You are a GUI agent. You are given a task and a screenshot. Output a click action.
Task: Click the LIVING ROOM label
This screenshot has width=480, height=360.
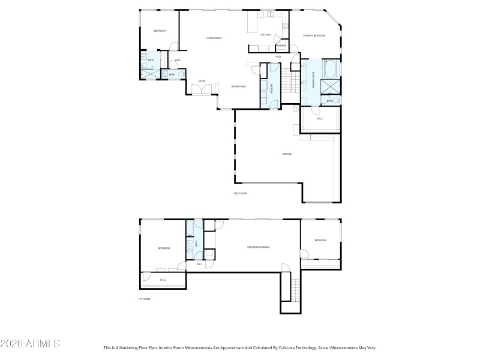point(214,38)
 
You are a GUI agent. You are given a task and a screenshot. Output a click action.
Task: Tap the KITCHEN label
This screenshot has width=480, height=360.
point(266,35)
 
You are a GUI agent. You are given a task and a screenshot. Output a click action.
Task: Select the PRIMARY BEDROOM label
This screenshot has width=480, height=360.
point(314,35)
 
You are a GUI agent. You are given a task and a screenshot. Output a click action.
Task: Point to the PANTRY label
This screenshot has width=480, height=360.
point(280,46)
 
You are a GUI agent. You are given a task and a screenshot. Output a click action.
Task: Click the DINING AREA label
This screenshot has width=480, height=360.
point(239,86)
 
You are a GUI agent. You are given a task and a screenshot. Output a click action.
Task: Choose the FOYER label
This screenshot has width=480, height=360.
point(202,81)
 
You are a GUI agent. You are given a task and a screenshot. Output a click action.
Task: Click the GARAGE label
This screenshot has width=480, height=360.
point(287,154)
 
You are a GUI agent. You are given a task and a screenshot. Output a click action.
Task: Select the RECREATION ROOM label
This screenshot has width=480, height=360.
point(258,247)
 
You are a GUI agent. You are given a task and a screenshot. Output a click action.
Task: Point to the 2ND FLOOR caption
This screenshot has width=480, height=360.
point(240,193)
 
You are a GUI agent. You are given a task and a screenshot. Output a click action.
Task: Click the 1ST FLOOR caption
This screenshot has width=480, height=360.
point(144,299)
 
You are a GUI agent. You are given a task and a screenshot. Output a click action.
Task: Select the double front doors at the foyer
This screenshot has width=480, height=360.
point(202,89)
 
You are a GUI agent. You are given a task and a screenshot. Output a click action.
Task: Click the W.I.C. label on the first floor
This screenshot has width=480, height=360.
point(163,280)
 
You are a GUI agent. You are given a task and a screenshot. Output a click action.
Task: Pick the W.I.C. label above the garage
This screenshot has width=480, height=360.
point(320,118)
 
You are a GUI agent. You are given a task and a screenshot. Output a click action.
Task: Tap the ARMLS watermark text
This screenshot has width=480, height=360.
point(30,344)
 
